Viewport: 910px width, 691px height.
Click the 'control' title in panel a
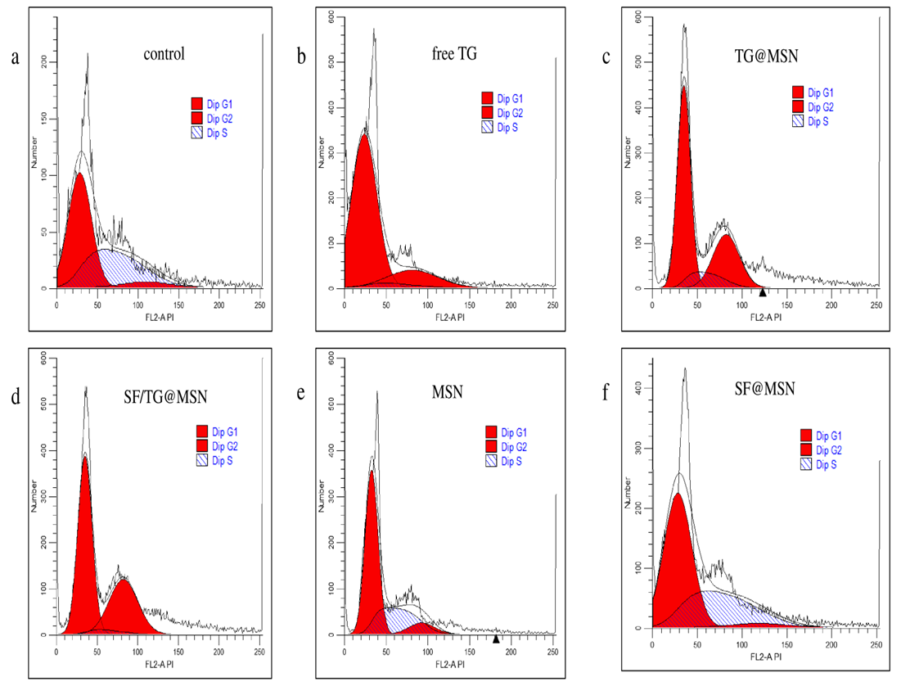[164, 55]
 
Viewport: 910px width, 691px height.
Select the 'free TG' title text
[456, 55]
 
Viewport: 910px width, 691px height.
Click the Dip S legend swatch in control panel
[196, 132]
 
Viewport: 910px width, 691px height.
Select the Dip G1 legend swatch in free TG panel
[488, 97]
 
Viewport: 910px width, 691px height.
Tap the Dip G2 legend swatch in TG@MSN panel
[798, 106]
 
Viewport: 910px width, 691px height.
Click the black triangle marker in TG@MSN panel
[762, 292]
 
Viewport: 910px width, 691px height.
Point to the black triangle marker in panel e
[496, 639]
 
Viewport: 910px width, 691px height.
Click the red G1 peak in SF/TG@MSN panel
[84, 557]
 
